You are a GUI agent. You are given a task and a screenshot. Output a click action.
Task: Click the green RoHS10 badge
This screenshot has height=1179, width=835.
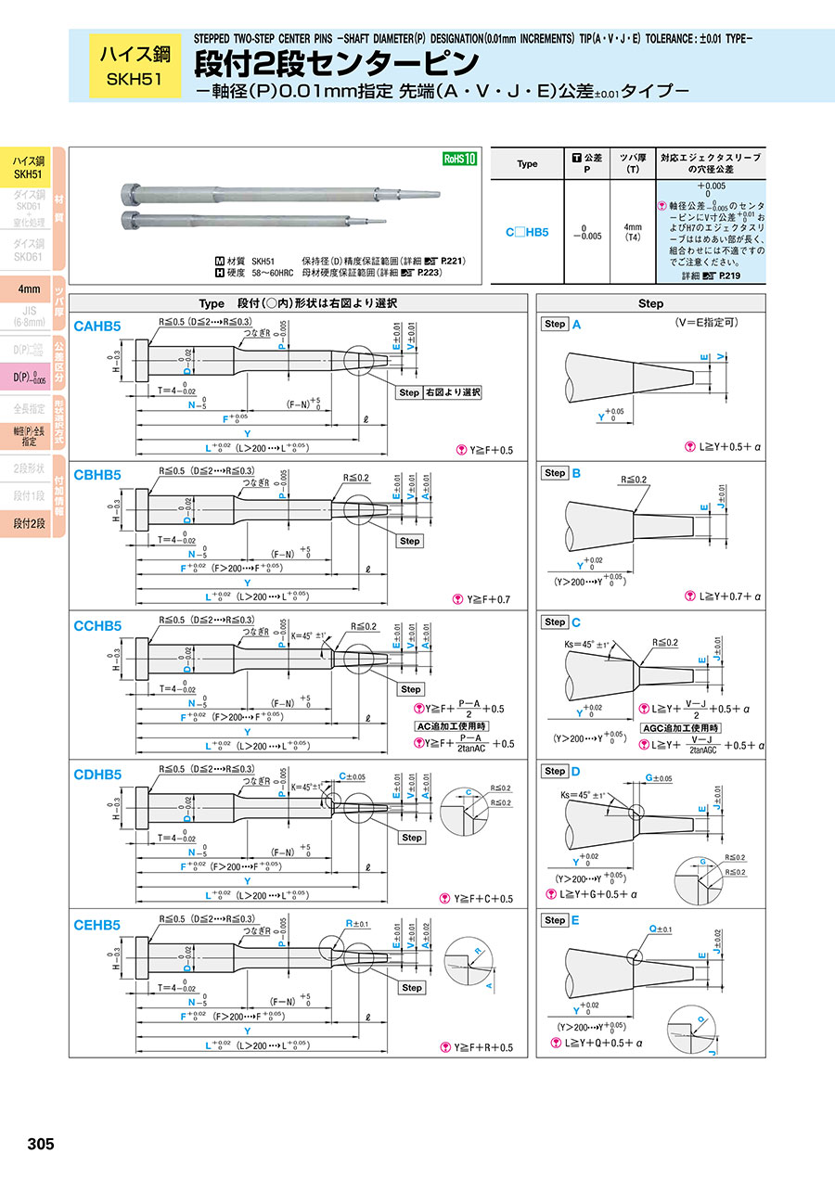(x=458, y=159)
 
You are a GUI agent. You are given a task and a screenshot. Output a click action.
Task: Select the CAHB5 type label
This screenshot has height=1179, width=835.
(x=97, y=327)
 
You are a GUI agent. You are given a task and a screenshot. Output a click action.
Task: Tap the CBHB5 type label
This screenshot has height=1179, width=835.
(x=97, y=475)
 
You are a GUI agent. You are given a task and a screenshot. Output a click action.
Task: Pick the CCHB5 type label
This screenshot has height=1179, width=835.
(x=97, y=626)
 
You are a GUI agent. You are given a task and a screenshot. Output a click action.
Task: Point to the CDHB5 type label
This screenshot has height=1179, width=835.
(x=97, y=775)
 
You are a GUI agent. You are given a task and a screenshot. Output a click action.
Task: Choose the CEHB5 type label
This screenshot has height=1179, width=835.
(x=97, y=925)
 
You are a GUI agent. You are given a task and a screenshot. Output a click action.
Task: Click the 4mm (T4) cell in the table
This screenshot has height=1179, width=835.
(x=633, y=231)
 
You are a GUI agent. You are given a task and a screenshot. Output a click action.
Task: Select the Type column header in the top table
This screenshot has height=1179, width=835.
(x=527, y=163)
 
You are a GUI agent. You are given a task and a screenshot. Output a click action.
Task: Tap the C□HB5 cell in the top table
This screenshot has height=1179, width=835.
(x=527, y=232)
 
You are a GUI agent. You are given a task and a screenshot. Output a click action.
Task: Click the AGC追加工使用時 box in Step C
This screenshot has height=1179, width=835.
(x=680, y=728)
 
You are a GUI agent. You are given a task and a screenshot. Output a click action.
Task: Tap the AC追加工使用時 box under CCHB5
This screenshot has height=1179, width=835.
(x=451, y=725)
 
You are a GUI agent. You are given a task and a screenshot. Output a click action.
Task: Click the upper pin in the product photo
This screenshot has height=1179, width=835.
(x=278, y=194)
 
